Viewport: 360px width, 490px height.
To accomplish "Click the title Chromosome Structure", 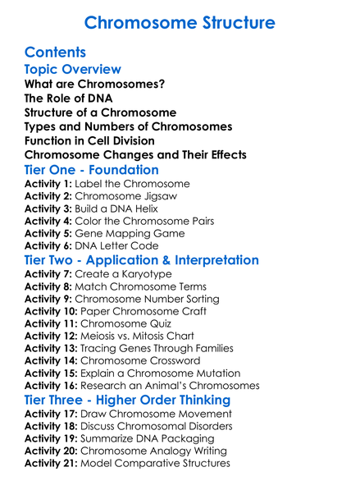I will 180,22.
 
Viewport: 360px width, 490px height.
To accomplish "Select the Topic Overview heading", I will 72,69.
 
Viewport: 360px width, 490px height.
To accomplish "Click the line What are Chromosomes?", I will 94,84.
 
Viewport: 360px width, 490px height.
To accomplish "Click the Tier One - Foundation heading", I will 92,170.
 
